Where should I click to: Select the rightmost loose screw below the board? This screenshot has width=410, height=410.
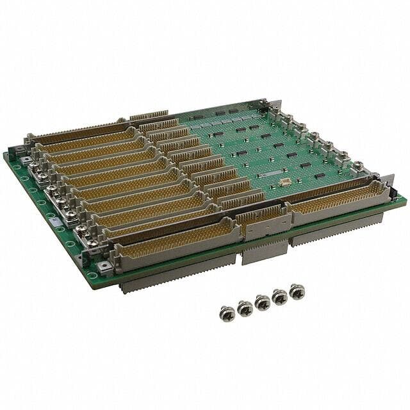pos(297,291)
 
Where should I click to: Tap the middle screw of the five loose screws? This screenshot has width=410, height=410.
pos(262,302)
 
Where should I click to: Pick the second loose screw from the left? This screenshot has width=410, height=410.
pos(245,308)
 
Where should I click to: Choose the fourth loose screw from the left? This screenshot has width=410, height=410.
pos(280,297)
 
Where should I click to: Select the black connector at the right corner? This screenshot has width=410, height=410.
pos(393,193)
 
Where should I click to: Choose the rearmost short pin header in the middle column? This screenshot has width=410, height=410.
pos(149,117)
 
